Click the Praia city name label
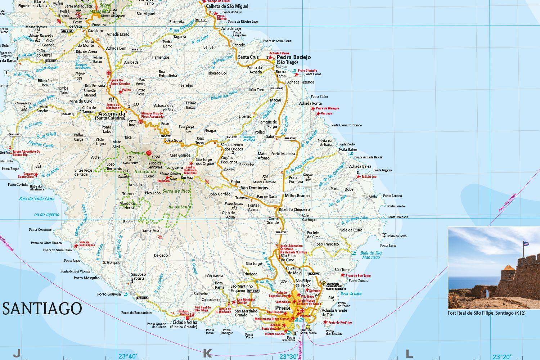point(282,308)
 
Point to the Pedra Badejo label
point(294,57)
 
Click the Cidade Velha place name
point(185,323)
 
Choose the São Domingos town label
point(254,188)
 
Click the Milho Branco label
point(297,196)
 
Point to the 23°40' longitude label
point(128,356)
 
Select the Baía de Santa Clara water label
point(37,199)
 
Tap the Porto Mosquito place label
point(86,278)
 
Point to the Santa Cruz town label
point(248,57)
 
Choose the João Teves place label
point(200,140)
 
